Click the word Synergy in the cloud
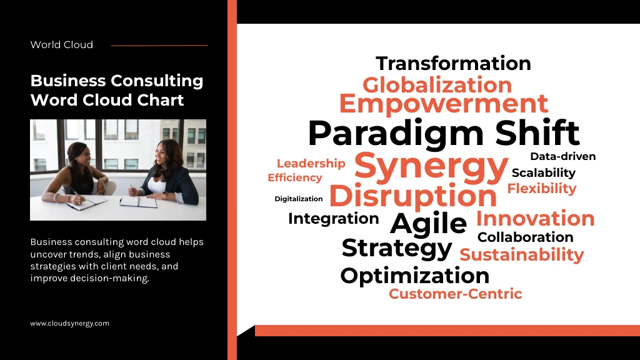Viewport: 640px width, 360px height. tap(431, 167)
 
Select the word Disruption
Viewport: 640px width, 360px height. tap(413, 196)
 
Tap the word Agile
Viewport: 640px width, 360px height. tap(428, 223)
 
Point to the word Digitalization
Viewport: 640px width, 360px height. tap(298, 199)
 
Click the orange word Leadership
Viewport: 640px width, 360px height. tap(311, 164)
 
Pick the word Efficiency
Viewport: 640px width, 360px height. tap(295, 177)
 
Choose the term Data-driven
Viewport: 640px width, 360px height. tap(563, 156)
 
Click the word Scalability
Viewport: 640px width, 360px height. tap(543, 173)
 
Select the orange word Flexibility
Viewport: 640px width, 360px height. tap(542, 189)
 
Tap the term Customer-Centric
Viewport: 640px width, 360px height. tap(455, 294)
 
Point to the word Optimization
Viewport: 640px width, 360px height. tap(415, 276)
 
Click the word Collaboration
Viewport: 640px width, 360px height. tap(525, 237)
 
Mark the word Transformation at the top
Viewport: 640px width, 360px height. tap(453, 64)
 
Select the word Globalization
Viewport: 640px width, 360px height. tap(437, 85)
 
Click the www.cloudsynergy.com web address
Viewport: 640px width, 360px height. tap(70, 323)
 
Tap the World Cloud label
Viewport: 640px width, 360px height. tap(62, 45)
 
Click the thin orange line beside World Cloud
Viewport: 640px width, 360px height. tap(159, 46)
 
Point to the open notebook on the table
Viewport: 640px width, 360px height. tap(138, 201)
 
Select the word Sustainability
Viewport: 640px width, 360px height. tap(522, 255)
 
